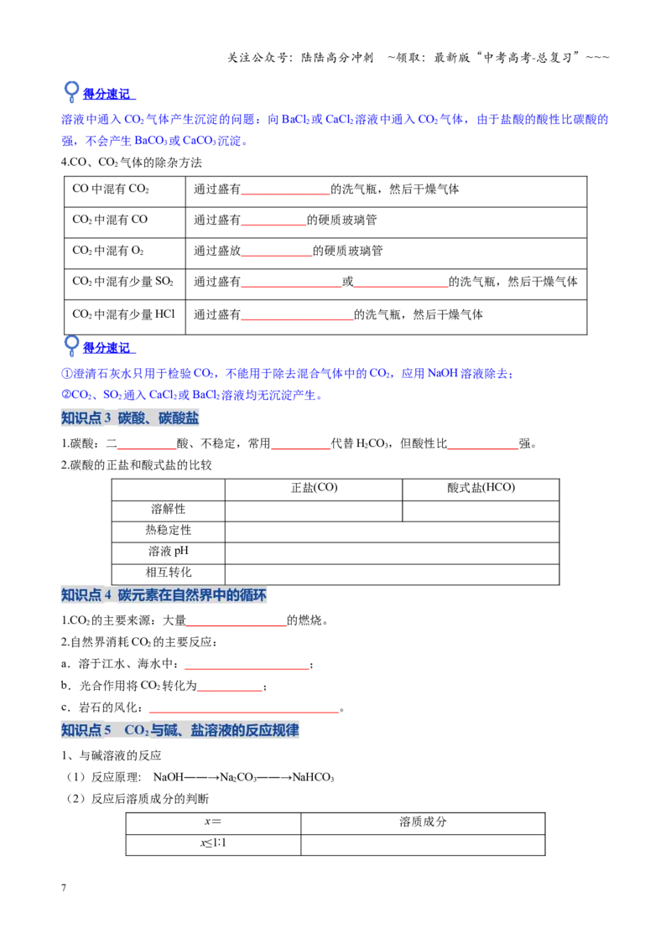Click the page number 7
point(64,887)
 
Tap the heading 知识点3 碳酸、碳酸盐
point(130,417)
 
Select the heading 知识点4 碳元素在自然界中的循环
point(164,595)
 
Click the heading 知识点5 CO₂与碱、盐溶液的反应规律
point(179,730)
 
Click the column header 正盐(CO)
point(314,488)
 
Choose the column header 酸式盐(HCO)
point(481,488)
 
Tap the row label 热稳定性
point(169,530)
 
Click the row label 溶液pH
point(169,552)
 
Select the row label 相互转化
point(169,573)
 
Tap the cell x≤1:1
point(213,843)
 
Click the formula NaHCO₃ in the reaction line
point(313,777)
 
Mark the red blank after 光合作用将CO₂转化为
point(230,691)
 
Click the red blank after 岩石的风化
point(244,713)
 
